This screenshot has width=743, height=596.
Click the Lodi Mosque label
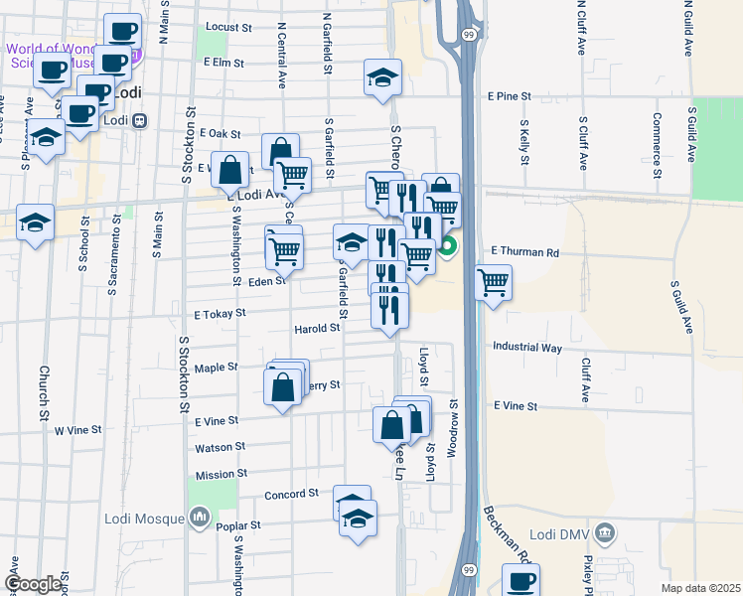tap(145, 518)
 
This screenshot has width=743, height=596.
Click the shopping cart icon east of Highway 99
tap(494, 282)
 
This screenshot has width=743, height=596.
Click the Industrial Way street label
tap(527, 348)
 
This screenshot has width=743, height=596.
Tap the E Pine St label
tap(509, 97)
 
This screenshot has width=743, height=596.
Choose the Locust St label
tap(227, 27)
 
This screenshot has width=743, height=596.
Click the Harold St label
tap(318, 329)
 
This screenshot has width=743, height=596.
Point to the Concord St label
tap(291, 494)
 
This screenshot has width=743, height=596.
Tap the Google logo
tap(33, 585)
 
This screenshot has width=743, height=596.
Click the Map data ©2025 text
tap(699, 588)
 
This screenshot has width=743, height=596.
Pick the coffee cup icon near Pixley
tap(520, 580)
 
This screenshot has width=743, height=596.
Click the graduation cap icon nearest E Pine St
tap(380, 78)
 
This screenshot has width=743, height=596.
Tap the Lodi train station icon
tap(140, 121)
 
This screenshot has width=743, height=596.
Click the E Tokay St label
tap(220, 312)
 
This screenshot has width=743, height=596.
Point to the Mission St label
tap(221, 475)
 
